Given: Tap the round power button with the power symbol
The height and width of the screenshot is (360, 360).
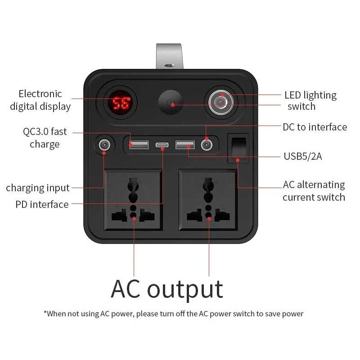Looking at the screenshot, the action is [x=171, y=102].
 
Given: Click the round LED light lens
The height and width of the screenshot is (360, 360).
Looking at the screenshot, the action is [x=221, y=103].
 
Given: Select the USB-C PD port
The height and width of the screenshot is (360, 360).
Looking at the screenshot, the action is [x=162, y=145].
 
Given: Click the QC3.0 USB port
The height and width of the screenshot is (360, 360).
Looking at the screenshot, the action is [x=139, y=145].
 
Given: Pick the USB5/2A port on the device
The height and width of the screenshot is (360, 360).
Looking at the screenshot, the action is [x=185, y=145].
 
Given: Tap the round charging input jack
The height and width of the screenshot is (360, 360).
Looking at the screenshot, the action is [x=104, y=145].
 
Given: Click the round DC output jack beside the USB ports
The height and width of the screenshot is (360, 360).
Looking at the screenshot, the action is [x=207, y=145].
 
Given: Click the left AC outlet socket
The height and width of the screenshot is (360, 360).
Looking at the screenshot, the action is [x=133, y=200].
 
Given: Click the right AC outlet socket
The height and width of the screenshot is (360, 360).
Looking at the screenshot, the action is [x=208, y=200].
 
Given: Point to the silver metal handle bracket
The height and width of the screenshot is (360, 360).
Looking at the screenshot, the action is [x=170, y=56].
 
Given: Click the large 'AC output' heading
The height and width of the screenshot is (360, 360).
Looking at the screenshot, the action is [x=167, y=289].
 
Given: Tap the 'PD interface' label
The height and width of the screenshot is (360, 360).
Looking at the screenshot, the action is [x=42, y=204].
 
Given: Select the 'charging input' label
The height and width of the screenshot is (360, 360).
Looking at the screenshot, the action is [x=38, y=188].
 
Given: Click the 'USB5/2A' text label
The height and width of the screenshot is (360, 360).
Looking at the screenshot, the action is [x=303, y=156].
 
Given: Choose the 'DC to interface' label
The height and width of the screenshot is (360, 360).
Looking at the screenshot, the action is [x=315, y=127].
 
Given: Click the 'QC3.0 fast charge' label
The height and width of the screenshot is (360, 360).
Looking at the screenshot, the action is [x=45, y=138].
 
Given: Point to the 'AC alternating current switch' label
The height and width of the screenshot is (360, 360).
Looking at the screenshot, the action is [x=314, y=191].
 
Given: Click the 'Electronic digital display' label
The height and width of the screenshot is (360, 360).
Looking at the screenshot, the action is [x=40, y=100].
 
